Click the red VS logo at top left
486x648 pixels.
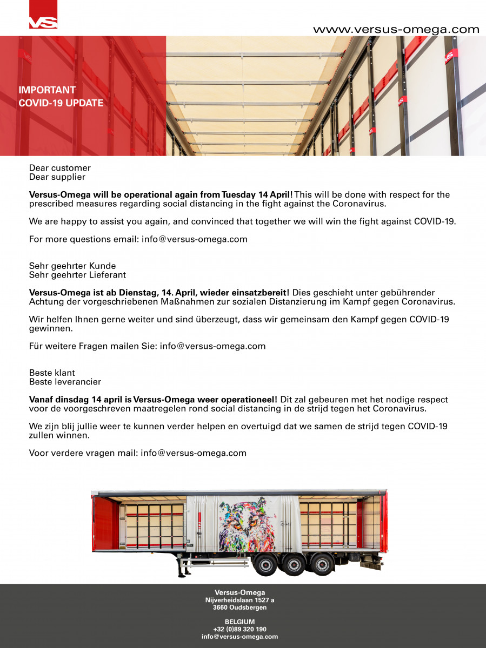point(43,15)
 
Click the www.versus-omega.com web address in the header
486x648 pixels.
point(396,30)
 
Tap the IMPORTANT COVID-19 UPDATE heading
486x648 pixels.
point(61,97)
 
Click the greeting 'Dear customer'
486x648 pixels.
point(60,168)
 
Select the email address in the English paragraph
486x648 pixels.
point(195,239)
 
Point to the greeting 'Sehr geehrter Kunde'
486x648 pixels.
point(72,266)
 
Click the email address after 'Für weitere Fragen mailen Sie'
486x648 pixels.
point(212,346)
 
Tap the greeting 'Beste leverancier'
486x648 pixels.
point(65,382)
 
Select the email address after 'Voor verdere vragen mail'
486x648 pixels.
point(194,453)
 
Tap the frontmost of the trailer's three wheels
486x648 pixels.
point(267,565)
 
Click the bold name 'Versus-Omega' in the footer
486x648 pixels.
point(240,592)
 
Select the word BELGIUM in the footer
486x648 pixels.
point(240,622)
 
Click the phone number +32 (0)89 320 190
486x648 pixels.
point(240,629)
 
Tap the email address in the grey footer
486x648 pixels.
point(240,637)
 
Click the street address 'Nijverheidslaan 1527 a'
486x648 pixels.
point(240,600)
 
